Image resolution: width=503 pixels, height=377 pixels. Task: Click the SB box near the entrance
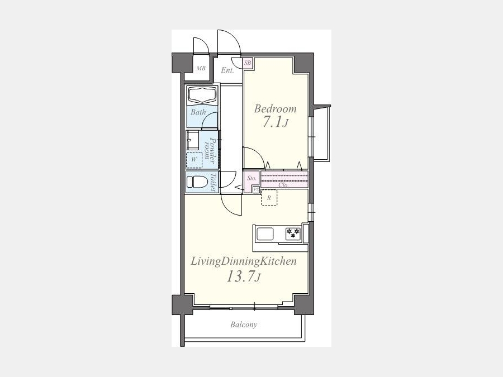click(248, 63)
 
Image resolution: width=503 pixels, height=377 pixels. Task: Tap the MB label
click(201, 68)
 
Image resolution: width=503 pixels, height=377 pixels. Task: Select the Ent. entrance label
click(227, 70)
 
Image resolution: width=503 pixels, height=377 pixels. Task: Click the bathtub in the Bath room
click(203, 95)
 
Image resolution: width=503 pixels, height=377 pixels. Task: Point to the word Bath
click(198, 112)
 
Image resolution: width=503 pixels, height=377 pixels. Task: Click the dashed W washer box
click(194, 160)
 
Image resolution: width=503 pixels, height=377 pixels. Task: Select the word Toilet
click(213, 182)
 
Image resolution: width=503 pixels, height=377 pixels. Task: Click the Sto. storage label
click(252, 178)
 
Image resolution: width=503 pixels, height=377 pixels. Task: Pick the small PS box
click(256, 189)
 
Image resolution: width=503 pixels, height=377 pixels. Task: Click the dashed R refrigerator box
click(269, 198)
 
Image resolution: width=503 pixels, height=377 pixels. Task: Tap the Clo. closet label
click(283, 185)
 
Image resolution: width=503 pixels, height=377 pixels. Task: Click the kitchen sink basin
click(265, 234)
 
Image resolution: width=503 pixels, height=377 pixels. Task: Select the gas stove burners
click(293, 233)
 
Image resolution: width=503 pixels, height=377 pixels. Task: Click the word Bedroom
click(275, 109)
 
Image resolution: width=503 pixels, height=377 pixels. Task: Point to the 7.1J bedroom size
click(276, 122)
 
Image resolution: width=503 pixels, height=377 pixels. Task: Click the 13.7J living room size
click(244, 276)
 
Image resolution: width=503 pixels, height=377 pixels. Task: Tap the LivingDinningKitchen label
click(244, 261)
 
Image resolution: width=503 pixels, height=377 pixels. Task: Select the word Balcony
click(244, 324)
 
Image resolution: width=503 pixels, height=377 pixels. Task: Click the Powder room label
click(210, 149)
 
